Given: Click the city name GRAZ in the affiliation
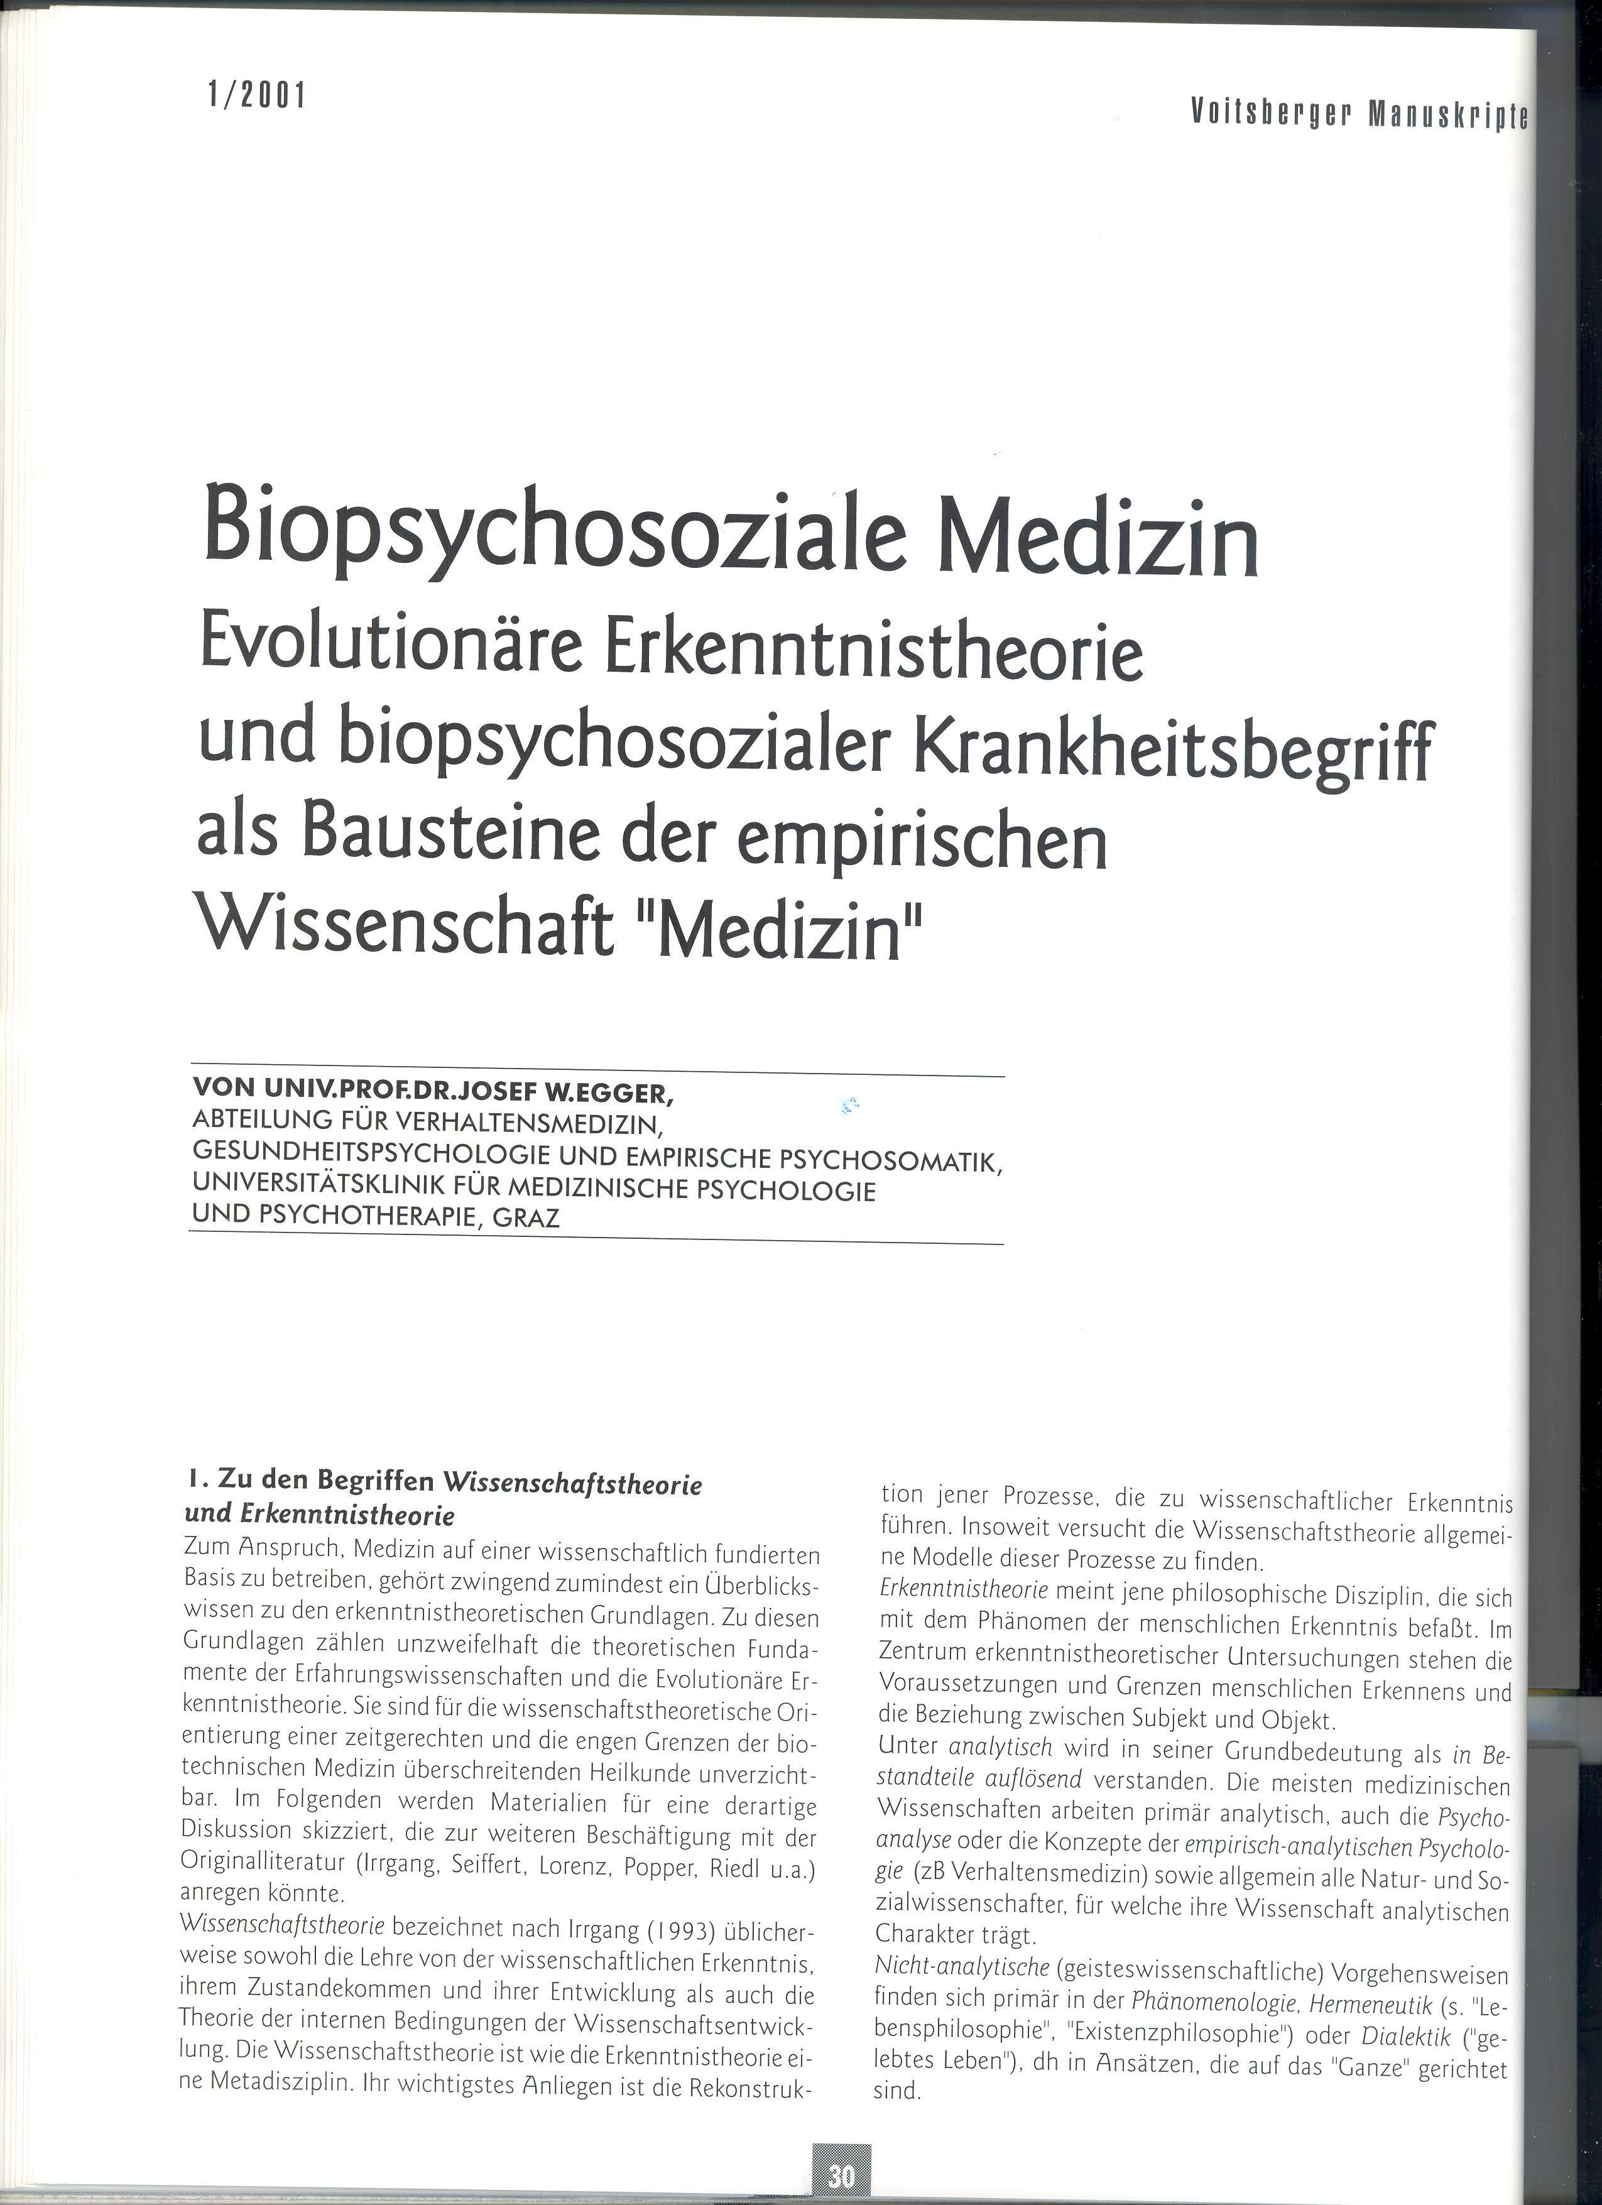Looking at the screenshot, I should [526, 1217].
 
